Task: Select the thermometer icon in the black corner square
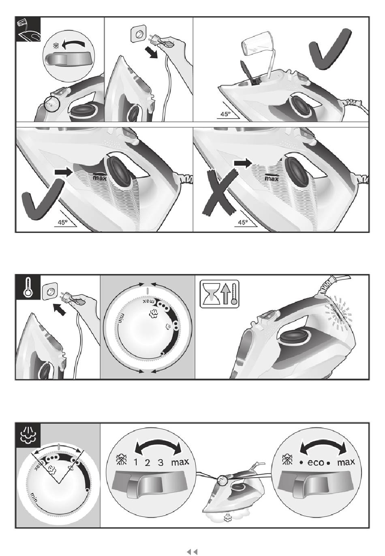pos(28,287)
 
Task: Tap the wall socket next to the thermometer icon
pos(49,291)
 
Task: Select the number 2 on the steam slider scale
pos(148,463)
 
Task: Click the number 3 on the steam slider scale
pos(160,463)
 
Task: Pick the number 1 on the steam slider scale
pos(136,463)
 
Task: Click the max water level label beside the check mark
pos(100,178)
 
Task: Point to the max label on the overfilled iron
pos(272,178)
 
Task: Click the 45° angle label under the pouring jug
pos(226,114)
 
